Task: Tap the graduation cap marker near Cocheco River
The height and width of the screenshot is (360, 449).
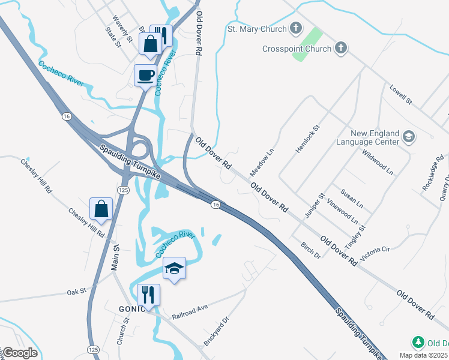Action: click(174, 268)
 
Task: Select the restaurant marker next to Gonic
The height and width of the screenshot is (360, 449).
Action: click(148, 295)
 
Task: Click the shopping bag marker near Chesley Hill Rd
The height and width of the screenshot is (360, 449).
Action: click(101, 209)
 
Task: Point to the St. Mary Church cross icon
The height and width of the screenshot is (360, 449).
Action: click(295, 28)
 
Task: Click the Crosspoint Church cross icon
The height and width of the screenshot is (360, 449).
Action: click(340, 48)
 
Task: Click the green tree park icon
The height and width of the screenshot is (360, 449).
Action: click(418, 343)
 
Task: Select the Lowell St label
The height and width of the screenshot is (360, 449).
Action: click(401, 94)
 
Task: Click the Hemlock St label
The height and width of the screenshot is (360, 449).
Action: click(308, 139)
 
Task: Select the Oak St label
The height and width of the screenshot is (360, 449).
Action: click(77, 291)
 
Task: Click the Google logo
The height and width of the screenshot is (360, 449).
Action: click(19, 353)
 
